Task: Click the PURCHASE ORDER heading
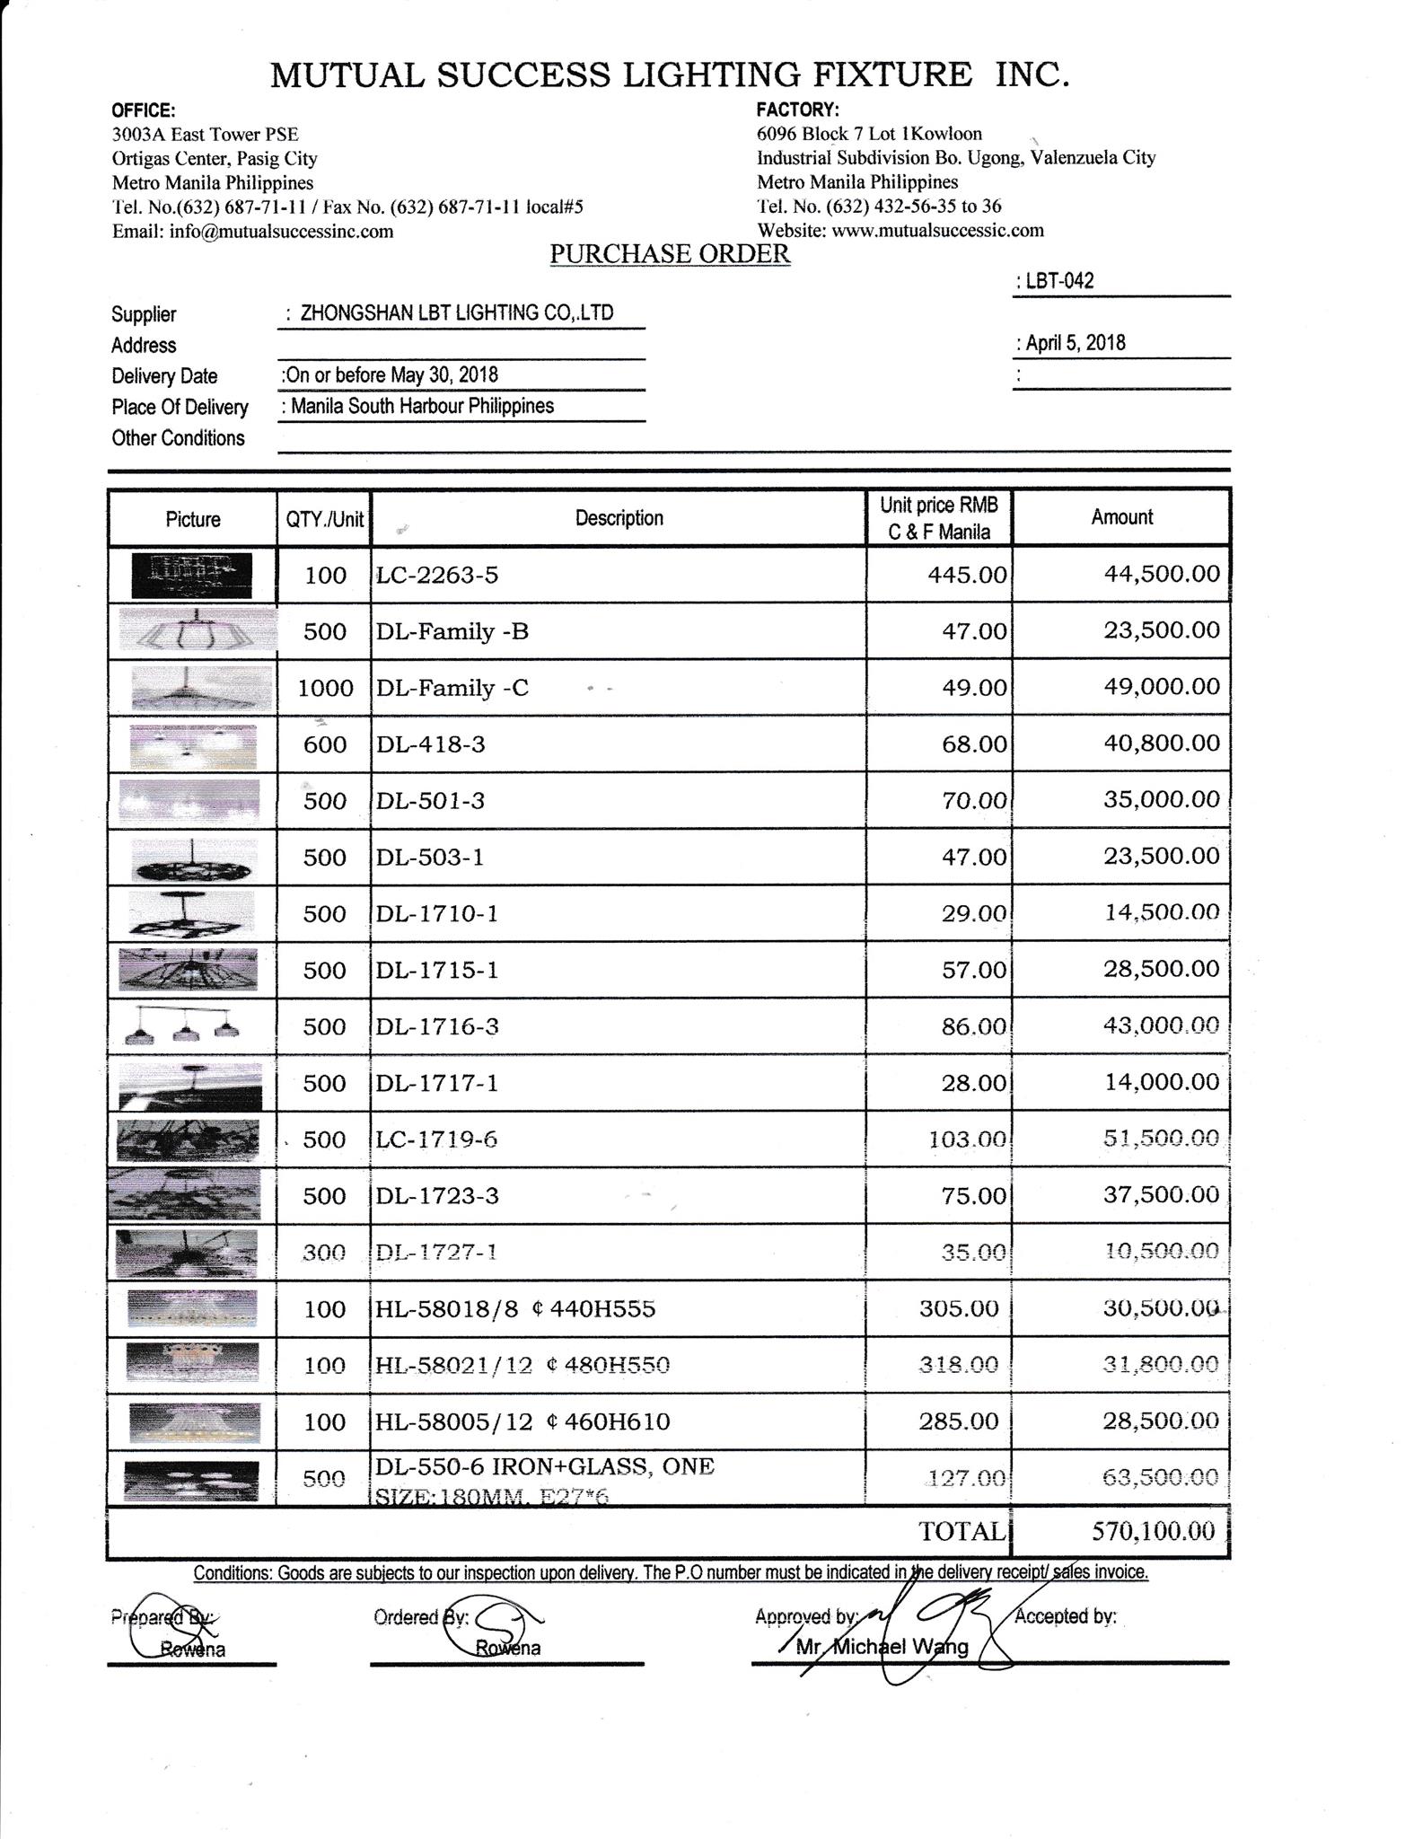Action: coord(670,254)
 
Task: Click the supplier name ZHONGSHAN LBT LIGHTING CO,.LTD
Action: coord(457,313)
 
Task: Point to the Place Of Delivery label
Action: coord(180,408)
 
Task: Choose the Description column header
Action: coord(619,518)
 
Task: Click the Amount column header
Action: coord(1121,517)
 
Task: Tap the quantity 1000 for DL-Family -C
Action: coord(325,689)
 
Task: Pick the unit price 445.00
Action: coord(967,575)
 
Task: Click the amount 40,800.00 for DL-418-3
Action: coord(1161,744)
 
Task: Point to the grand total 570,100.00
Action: coord(1153,1531)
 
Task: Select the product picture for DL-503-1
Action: coord(192,858)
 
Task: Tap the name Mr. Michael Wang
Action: coord(883,1647)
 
